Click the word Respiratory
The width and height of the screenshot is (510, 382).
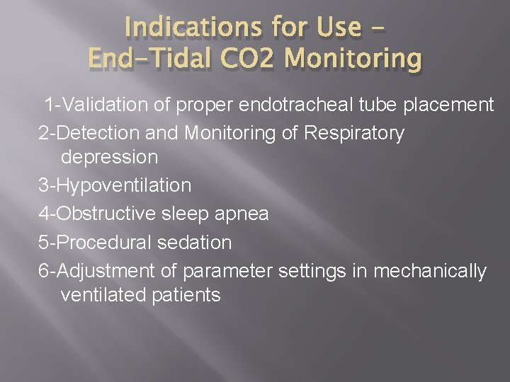point(354,132)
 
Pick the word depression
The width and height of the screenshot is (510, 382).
point(110,156)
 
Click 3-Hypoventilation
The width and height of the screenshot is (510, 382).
point(115,185)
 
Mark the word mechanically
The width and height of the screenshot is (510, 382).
point(430,271)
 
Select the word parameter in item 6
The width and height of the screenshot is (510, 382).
point(227,271)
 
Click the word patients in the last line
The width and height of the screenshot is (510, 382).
point(186,295)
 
